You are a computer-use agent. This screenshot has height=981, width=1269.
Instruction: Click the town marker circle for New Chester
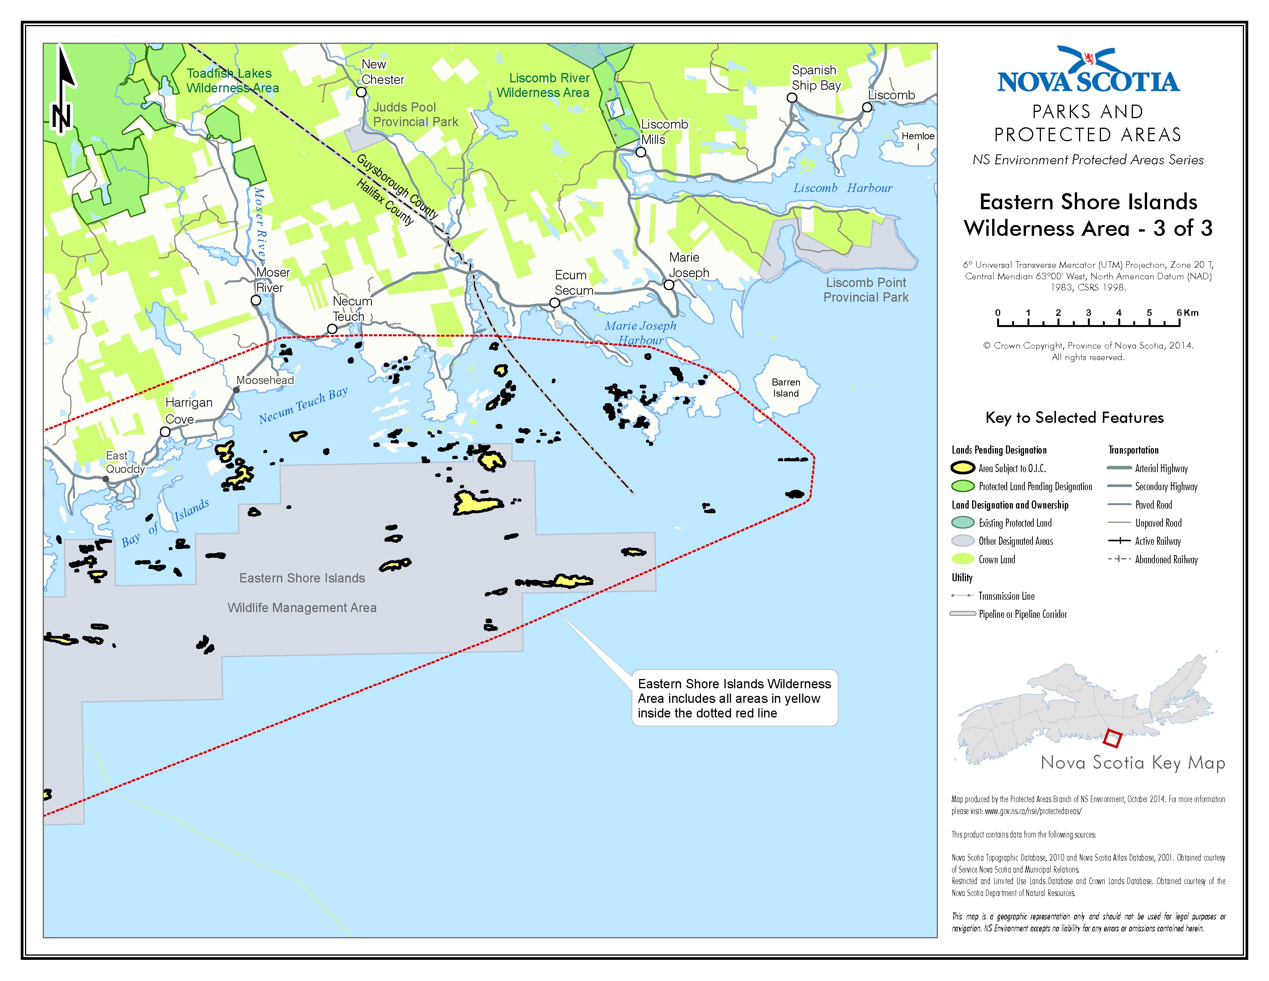[x=361, y=92]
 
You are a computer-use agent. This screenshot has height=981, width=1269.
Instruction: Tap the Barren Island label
[x=786, y=388]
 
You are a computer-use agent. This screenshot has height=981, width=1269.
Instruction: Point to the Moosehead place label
[x=265, y=380]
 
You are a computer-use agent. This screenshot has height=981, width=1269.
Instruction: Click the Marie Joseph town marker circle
[x=669, y=285]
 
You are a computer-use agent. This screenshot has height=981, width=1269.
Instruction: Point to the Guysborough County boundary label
[x=398, y=186]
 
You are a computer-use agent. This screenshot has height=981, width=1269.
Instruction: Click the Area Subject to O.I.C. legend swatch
[x=962, y=468]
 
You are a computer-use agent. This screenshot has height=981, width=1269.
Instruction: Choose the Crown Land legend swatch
[x=962, y=559]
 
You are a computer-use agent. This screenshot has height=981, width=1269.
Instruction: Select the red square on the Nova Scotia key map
[x=1112, y=738]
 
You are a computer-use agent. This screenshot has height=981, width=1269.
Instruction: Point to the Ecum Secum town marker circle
[x=554, y=303]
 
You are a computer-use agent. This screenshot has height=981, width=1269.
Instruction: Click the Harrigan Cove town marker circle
[x=165, y=432]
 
